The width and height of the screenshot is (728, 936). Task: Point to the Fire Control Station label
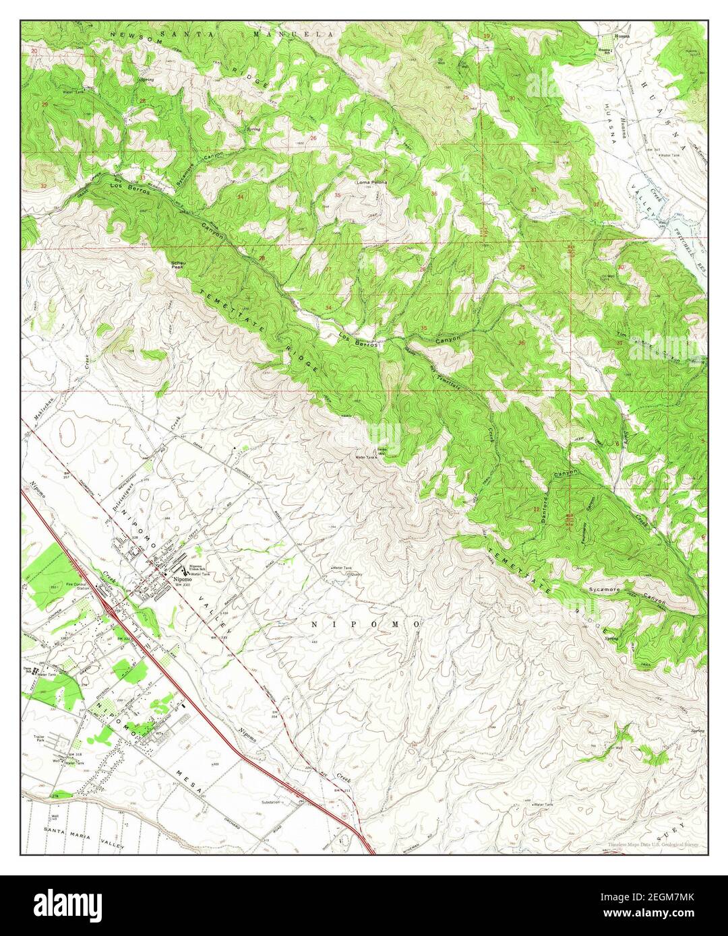78,586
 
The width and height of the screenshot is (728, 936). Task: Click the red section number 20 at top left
34,51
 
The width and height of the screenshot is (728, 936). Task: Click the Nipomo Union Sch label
196,566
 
